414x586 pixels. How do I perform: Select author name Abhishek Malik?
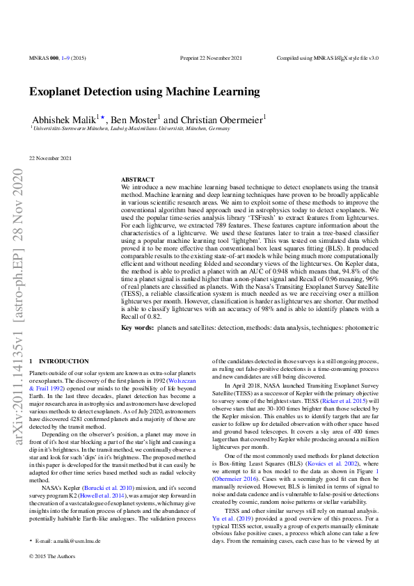(x=64, y=119)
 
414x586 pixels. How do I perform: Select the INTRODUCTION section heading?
(x=59, y=361)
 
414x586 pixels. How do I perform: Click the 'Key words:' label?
(x=137, y=327)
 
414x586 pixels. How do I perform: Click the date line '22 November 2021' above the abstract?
(x=50, y=158)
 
